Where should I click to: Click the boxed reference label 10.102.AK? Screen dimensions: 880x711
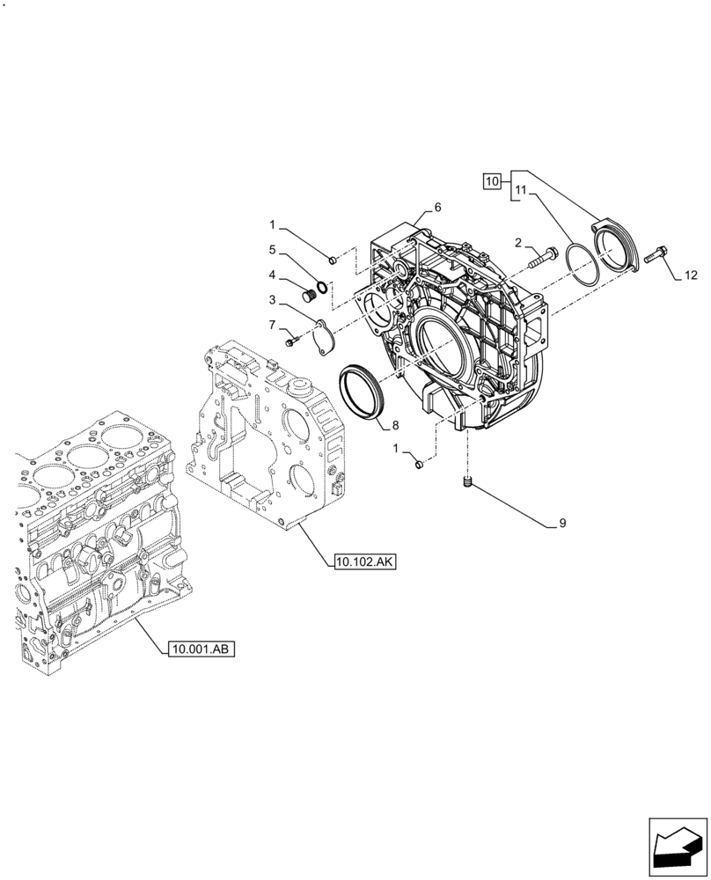[x=365, y=561]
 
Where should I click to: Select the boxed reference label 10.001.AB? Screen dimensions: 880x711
[x=201, y=649]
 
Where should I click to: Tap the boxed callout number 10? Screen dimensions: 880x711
[x=493, y=181]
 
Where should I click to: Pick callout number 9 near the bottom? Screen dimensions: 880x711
[x=561, y=524]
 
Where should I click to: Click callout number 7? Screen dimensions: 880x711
[x=273, y=325]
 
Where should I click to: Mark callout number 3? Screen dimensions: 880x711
[x=273, y=299]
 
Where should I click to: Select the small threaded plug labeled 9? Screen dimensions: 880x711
[x=469, y=481]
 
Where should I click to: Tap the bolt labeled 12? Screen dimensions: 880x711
[x=655, y=255]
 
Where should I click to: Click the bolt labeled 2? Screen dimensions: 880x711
[x=540, y=256]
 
